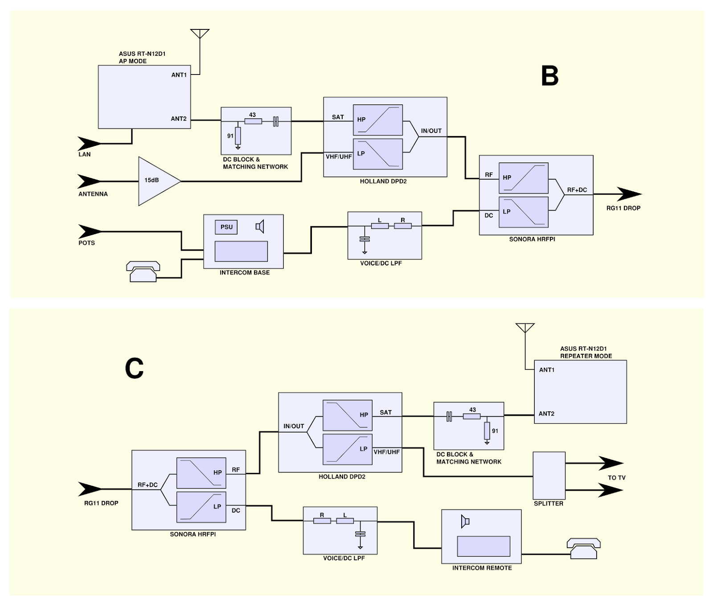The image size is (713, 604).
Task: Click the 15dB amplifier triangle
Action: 156,181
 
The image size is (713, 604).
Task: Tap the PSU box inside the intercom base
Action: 226,227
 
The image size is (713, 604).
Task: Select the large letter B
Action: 549,76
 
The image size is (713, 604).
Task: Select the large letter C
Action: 134,369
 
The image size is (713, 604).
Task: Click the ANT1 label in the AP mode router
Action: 179,75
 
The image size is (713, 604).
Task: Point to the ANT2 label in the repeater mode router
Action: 546,414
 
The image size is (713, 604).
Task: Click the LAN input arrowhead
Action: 89,144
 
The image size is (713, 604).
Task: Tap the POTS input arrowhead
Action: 90,232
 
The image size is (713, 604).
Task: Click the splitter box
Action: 549,476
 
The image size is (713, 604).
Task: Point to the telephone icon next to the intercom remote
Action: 583,548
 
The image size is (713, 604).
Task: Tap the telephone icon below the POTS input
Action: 143,271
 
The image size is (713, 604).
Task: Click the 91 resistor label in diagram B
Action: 230,136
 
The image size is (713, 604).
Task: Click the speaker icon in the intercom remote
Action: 465,521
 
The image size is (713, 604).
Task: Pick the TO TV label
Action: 616,478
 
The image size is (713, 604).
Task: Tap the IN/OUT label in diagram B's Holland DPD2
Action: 431,131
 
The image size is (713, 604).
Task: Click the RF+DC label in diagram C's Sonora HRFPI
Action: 147,485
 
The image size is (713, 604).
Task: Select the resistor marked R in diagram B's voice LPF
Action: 403,226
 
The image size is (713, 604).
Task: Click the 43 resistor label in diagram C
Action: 472,410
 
